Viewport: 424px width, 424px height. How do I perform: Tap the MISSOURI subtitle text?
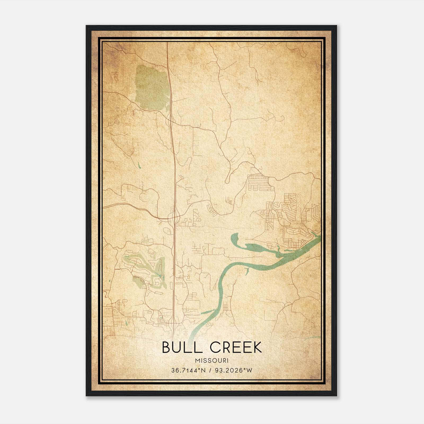click(x=212, y=361)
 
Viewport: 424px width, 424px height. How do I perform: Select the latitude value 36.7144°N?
click(x=189, y=370)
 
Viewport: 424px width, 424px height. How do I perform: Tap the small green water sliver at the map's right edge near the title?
click(x=315, y=337)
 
